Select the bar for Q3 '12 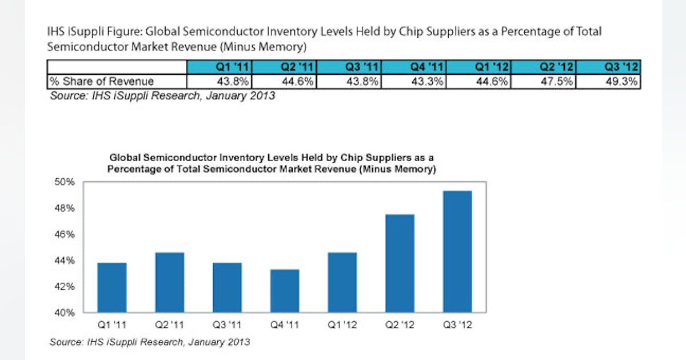457,252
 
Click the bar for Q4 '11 285,291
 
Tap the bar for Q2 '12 400,263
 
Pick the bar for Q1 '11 113,287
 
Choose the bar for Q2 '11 170,282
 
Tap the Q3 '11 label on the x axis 227,326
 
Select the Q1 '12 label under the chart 342,326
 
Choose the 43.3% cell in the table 414,82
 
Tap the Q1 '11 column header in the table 220,67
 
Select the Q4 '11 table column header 414,67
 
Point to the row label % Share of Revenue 101,82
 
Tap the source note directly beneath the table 162,96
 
